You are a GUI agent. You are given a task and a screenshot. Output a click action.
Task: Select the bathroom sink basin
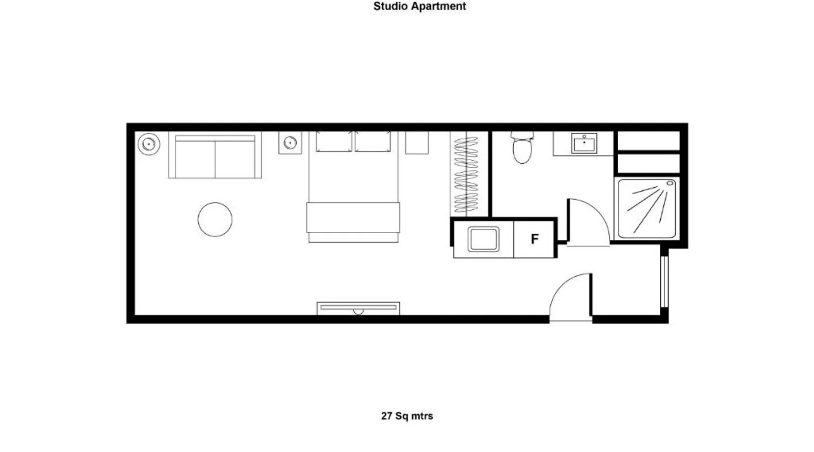pyautogui.click(x=584, y=143)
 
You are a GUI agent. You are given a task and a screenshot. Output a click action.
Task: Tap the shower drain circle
pyautogui.click(x=670, y=183)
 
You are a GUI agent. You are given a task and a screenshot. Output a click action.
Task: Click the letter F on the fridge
pyautogui.click(x=535, y=239)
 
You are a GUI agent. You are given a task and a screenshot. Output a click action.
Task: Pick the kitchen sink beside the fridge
pyautogui.click(x=483, y=239)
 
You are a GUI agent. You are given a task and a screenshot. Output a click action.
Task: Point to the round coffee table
pyautogui.click(x=215, y=219)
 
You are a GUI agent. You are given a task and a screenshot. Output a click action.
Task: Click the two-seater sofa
pyautogui.click(x=215, y=155)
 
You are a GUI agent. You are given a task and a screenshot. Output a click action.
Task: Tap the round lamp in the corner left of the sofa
pyautogui.click(x=149, y=144)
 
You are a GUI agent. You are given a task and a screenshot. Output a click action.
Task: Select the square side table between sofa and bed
pyautogui.click(x=290, y=143)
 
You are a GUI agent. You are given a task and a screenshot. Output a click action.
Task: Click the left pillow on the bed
pyautogui.click(x=334, y=141)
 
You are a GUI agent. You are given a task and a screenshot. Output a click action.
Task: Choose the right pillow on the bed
pyautogui.click(x=373, y=141)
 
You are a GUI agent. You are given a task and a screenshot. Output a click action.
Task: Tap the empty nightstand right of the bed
pyautogui.click(x=416, y=143)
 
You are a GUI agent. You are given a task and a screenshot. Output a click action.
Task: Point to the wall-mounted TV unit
pyautogui.click(x=358, y=308)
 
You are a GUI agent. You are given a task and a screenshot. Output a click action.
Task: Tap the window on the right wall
pyautogui.click(x=664, y=282)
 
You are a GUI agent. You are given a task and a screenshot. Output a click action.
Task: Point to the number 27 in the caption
pyautogui.click(x=387, y=416)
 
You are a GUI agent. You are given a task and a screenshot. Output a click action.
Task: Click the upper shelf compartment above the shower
pyautogui.click(x=648, y=141)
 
